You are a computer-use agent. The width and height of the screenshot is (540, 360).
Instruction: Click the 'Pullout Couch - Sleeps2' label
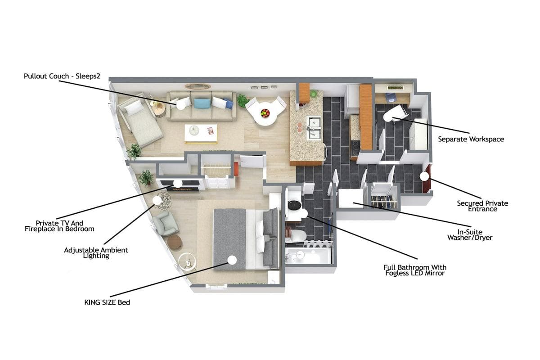[x=62, y=76]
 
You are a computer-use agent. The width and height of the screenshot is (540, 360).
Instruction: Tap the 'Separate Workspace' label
[x=471, y=139]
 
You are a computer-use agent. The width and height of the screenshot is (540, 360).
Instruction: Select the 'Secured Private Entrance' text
[x=482, y=206]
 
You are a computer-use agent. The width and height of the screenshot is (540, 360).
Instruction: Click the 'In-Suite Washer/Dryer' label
[x=470, y=235]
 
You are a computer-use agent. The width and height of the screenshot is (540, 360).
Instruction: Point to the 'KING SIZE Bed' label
[x=107, y=302]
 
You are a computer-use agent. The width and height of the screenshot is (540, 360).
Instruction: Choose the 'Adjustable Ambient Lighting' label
[x=96, y=253]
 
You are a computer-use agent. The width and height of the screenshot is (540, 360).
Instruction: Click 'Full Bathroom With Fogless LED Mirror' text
[x=415, y=270]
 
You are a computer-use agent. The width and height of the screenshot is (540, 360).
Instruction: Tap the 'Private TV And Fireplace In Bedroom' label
[x=59, y=226]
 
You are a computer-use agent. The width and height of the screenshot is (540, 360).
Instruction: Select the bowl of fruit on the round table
[x=265, y=113]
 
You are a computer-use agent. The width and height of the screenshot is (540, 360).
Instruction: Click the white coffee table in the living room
[x=201, y=134]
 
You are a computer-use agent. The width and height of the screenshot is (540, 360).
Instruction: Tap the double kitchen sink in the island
[x=314, y=128]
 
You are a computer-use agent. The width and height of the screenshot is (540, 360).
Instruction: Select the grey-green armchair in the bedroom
[x=166, y=224]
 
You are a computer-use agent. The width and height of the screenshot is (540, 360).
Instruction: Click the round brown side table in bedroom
[x=175, y=242]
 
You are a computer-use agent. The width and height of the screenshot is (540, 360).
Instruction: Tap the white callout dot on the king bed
[x=232, y=260]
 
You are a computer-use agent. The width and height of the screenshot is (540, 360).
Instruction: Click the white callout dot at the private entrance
[x=424, y=176]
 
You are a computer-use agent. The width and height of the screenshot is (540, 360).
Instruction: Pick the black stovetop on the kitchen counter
[x=355, y=146]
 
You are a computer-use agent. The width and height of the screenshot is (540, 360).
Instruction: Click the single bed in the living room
[x=140, y=120]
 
